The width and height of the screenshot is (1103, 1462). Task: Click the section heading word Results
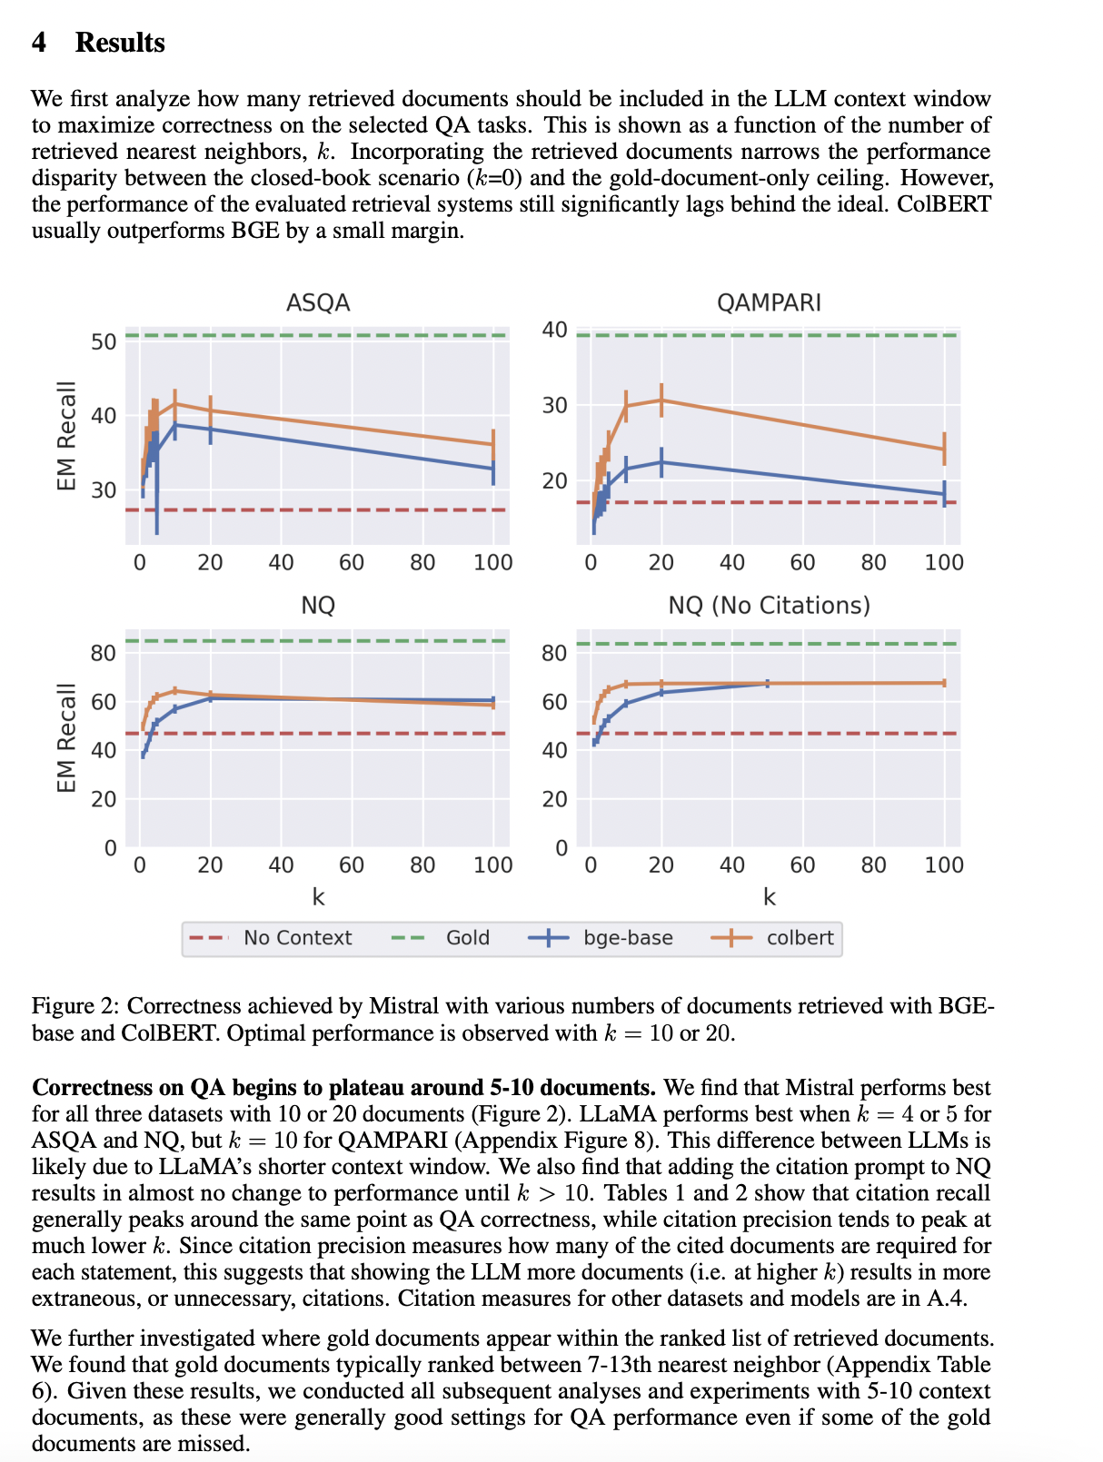120,43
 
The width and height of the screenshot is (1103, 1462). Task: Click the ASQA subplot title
318,302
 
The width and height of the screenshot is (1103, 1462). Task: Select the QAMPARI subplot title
769,302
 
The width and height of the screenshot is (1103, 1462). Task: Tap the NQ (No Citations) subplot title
769,605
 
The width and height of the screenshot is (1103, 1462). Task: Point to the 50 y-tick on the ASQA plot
104,341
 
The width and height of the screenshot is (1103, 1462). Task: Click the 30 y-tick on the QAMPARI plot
554,405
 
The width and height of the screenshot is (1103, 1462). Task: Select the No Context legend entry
297,938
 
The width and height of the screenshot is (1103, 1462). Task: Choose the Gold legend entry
467,938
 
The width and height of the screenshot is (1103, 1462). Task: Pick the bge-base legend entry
628,938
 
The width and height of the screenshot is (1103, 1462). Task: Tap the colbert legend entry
800,938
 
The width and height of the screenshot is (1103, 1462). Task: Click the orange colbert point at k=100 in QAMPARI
944,449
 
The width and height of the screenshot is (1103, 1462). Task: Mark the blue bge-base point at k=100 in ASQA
493,469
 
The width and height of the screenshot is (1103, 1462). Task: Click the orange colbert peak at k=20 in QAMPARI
661,400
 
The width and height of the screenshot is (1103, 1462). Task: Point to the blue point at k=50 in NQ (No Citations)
768,683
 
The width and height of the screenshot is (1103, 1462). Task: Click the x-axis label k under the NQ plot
318,897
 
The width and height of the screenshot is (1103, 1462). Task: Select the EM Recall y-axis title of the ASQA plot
66,436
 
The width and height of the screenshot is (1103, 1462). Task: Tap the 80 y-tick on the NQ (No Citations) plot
554,653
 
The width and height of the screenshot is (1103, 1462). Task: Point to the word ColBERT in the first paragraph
944,203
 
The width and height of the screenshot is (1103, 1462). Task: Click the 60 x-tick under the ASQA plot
352,563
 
